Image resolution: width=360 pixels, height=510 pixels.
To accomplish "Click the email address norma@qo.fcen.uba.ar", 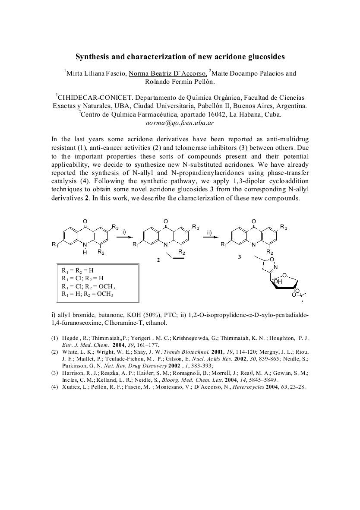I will point(180,122).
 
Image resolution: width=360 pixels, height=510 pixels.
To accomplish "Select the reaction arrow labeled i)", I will point(123,237).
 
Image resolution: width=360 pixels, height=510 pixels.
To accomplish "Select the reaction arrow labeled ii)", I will point(210,237).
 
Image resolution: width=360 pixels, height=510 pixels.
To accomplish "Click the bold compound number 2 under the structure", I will point(158,260).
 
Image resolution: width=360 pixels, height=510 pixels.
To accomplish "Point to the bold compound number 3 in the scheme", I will point(240,257).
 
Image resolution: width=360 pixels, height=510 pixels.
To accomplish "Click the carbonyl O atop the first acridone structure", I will point(85,222).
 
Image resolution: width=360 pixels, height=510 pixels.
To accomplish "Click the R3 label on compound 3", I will point(284,227).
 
